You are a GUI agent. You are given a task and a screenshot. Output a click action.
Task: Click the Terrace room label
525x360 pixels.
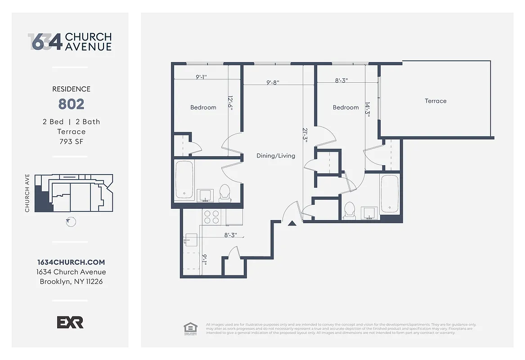[x=435, y=101]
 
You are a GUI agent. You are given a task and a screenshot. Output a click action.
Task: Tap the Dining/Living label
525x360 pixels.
[x=276, y=156]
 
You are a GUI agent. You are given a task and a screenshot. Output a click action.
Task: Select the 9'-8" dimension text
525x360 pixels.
[x=273, y=82]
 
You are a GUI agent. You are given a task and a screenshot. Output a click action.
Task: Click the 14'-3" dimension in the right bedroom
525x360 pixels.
[x=368, y=109]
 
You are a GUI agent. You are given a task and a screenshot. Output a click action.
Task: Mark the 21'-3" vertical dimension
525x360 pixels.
[x=305, y=135]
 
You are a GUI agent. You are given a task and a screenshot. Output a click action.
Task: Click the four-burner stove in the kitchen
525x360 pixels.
[x=212, y=217]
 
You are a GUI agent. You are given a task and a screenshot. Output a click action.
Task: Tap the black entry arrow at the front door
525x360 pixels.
[x=292, y=222]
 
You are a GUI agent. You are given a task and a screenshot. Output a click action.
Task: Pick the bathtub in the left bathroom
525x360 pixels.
[x=184, y=180]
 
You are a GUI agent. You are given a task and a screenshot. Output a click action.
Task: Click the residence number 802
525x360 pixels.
[x=71, y=104]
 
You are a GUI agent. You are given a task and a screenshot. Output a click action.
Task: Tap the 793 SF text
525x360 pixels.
[x=71, y=142]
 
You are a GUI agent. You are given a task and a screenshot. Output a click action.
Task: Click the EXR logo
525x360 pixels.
[x=70, y=322]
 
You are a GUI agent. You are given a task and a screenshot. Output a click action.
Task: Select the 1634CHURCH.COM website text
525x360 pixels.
[x=71, y=262]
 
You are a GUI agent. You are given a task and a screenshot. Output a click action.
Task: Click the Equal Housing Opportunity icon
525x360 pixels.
[x=190, y=328]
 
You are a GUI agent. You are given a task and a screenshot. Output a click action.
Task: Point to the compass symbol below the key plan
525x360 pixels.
[x=70, y=222]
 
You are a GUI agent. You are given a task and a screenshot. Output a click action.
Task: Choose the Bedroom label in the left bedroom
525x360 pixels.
[x=203, y=108]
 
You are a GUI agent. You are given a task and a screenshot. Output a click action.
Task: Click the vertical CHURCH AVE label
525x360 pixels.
[x=27, y=193]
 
